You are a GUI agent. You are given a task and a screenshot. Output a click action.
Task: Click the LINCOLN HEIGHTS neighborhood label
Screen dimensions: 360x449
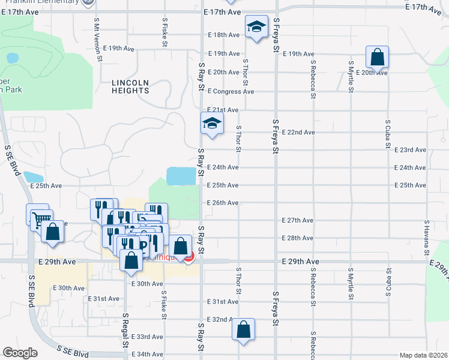(x=130, y=86)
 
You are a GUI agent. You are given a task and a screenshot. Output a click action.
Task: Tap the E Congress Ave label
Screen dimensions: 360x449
(x=231, y=91)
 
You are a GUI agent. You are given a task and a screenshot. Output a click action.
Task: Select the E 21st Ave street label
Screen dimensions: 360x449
(x=223, y=110)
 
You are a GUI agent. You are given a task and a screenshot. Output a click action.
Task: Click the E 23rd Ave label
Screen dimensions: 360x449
(x=410, y=150)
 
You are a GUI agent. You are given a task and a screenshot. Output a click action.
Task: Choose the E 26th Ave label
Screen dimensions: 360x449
(x=223, y=203)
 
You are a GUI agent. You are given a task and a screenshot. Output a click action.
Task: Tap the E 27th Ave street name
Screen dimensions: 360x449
(x=298, y=221)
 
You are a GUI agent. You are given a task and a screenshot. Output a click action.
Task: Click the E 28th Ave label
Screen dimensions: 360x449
(x=298, y=238)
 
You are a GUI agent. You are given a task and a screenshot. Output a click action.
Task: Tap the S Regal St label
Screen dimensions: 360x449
(x=125, y=330)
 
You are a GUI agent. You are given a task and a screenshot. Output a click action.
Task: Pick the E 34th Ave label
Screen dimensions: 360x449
(x=147, y=355)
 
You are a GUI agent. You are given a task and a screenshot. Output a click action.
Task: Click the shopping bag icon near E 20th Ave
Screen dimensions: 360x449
(x=377, y=58)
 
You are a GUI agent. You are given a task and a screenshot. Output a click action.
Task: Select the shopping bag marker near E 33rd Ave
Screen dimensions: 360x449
(x=243, y=329)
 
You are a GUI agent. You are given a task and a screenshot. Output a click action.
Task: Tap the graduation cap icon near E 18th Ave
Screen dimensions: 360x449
(x=256, y=27)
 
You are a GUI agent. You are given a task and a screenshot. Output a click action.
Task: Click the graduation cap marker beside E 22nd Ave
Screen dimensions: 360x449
(x=212, y=124)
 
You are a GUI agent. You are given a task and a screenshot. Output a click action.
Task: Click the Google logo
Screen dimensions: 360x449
(x=20, y=353)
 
